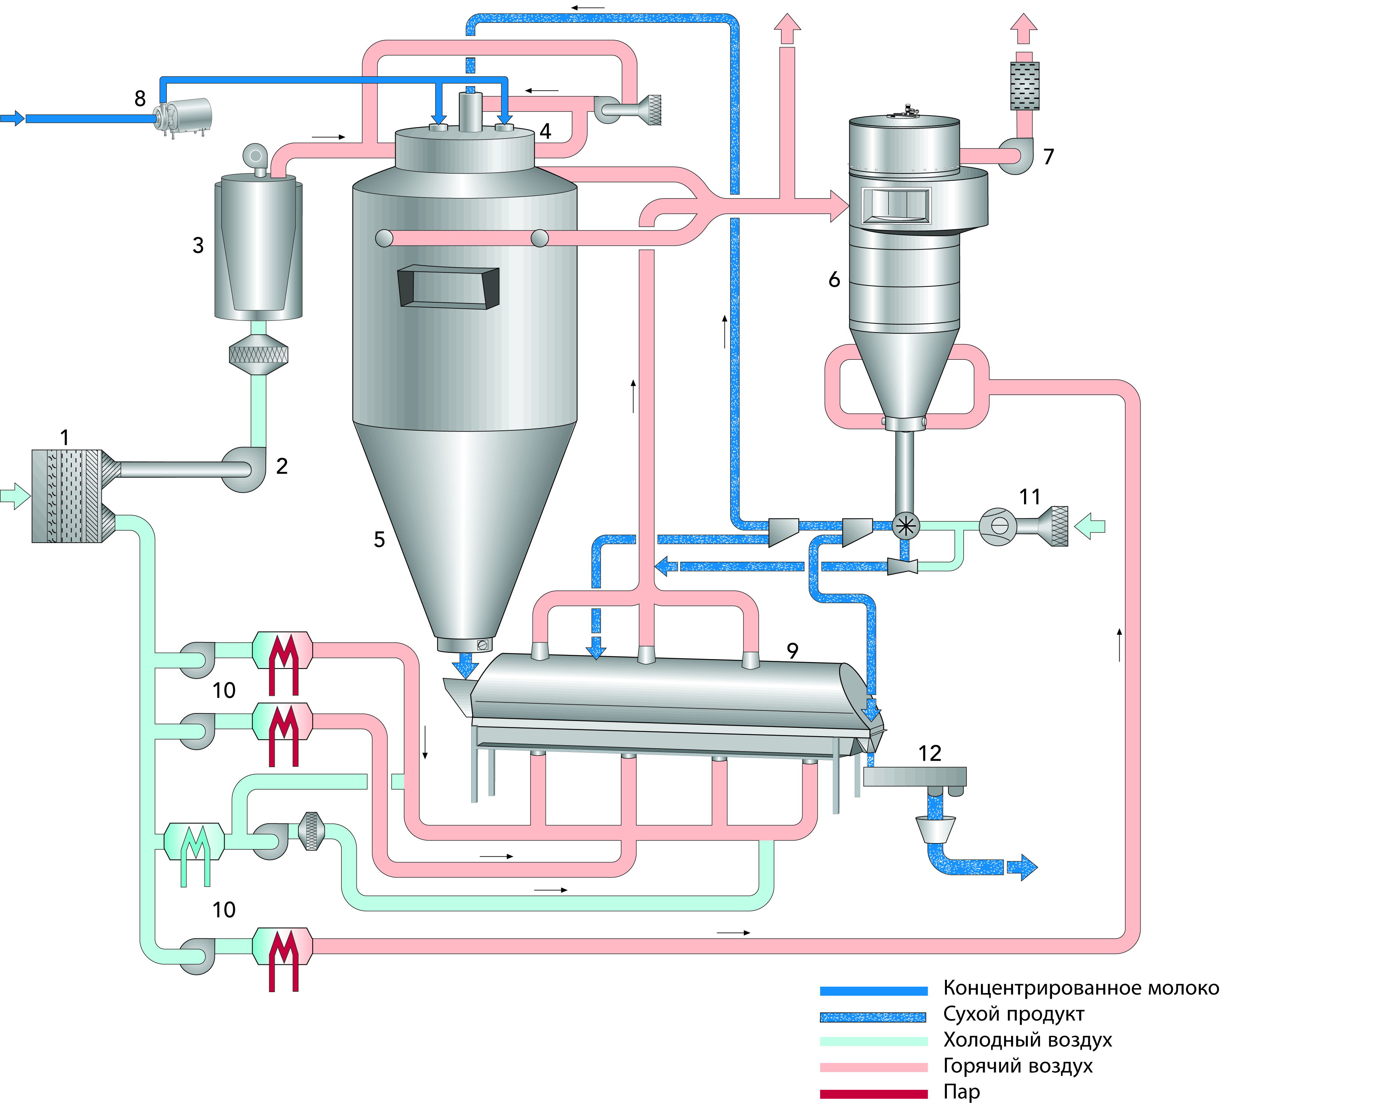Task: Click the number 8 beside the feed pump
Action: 140,99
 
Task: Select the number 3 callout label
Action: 199,245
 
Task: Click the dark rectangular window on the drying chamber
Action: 448,287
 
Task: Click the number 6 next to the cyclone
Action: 834,279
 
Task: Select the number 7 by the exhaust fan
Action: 1049,156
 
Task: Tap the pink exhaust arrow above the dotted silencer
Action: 1023,28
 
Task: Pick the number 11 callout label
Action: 1030,497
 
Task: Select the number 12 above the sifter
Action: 929,753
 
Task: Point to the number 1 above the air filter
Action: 64,438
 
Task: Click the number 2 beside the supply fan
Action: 282,467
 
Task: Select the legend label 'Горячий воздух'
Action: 1018,1066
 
